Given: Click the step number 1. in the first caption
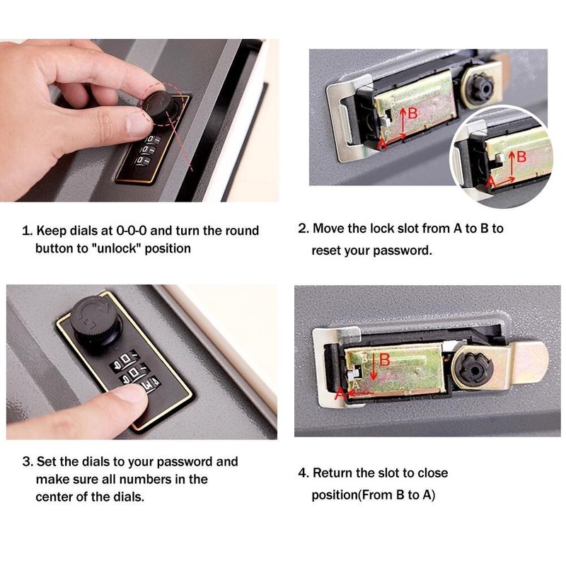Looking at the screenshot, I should tap(28, 231).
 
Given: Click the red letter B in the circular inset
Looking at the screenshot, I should tap(521, 157).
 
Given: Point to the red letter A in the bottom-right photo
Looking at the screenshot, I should tap(340, 395).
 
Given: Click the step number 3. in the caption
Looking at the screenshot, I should tap(28, 461).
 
